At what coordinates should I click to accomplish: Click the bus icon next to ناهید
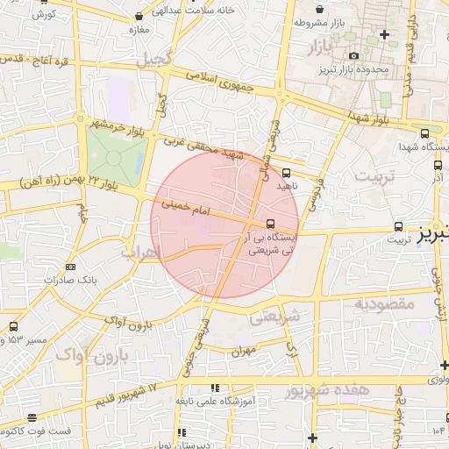tap(287, 173)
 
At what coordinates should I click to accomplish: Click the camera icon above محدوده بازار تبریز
tap(353, 56)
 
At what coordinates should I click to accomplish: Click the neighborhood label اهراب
tap(143, 252)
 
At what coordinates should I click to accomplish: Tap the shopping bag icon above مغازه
tap(140, 17)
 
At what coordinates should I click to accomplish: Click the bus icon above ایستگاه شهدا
tap(425, 134)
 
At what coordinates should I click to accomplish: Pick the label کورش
tap(46, 14)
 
